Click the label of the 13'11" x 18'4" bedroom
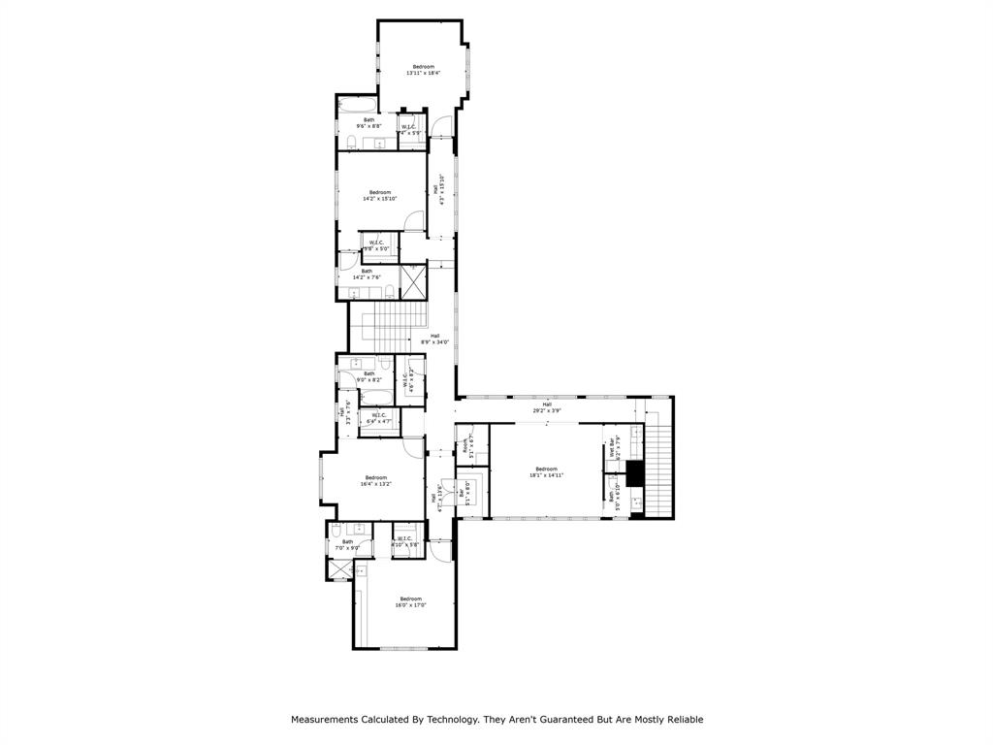point(423,70)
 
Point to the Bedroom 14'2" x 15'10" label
point(380,195)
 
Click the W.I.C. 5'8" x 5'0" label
point(375,245)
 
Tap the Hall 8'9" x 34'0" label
point(434,339)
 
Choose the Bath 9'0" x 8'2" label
point(368,376)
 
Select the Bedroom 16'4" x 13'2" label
point(376,480)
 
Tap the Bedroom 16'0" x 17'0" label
point(410,601)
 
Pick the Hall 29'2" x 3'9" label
point(547,407)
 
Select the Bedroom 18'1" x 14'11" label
point(546,472)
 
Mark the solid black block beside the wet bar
point(635,473)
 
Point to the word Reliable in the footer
point(682,720)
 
